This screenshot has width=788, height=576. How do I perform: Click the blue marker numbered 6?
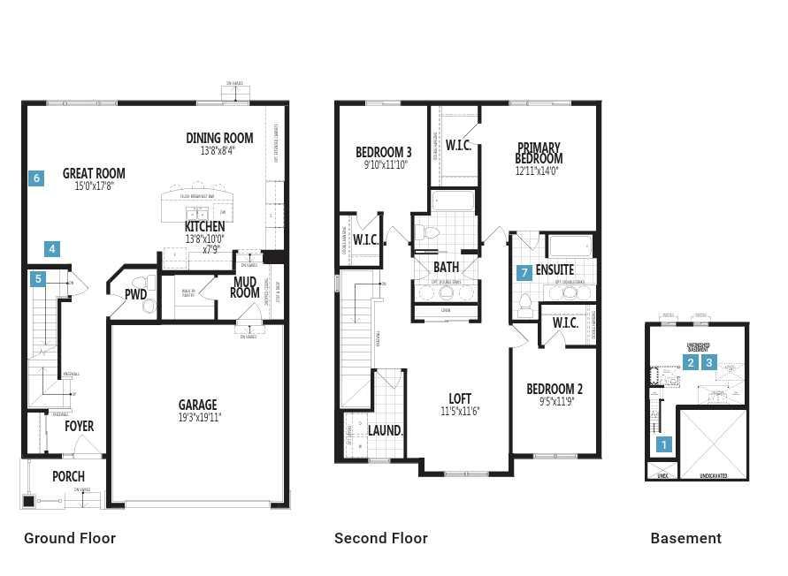point(36,178)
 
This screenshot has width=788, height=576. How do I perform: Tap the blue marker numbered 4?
point(53,249)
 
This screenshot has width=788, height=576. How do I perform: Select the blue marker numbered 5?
point(38,279)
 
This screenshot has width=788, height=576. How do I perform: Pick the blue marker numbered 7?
point(524,272)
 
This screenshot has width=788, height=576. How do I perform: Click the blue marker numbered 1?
point(664,446)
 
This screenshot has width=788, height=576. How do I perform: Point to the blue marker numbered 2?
point(691,362)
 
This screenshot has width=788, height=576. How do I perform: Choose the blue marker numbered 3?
point(708,362)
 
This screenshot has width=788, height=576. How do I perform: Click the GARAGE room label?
point(198,405)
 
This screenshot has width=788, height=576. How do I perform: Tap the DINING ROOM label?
point(219,138)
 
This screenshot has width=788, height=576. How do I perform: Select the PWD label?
point(135,294)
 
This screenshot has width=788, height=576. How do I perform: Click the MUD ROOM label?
point(245,287)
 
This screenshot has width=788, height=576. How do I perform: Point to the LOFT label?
point(460,398)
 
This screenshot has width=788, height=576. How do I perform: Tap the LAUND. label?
point(386,430)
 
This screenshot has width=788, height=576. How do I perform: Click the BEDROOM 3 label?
point(384,151)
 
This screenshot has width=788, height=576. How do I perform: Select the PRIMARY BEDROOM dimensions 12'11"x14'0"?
point(539,171)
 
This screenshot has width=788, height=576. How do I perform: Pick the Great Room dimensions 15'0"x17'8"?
point(94,186)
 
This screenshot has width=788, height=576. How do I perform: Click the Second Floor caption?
point(380,538)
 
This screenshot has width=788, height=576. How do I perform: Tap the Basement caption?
point(685,538)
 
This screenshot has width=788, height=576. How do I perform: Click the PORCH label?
point(68,476)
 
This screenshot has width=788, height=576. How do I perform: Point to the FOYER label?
point(79,426)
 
